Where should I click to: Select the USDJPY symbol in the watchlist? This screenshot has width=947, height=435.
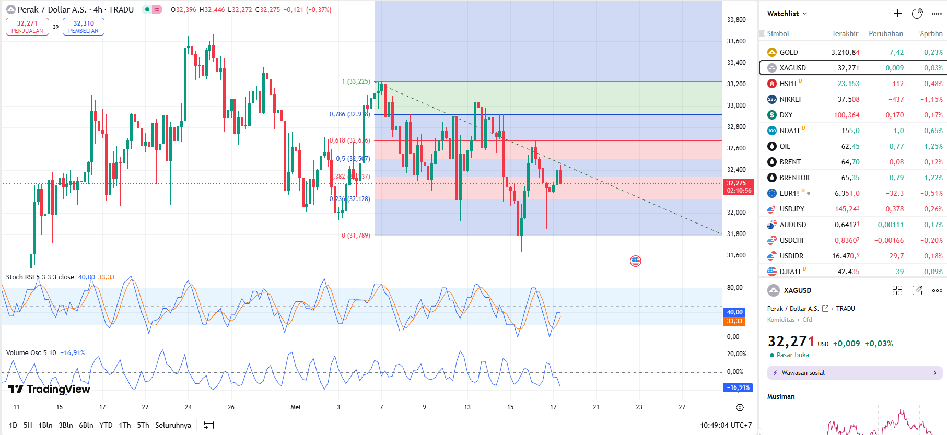792,209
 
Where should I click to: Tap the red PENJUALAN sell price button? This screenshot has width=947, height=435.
27,27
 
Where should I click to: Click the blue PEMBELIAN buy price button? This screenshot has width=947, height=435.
84,27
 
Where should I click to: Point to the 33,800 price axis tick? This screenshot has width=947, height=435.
736,20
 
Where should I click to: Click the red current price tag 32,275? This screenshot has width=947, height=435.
739,187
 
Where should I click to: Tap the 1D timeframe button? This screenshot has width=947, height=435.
13,425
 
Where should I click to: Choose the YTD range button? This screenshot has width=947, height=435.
106,425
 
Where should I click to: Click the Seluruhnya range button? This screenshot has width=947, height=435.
173,425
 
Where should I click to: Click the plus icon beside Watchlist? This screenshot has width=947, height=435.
897,14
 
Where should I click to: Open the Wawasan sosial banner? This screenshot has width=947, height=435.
855,373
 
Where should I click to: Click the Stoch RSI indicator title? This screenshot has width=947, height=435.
40,277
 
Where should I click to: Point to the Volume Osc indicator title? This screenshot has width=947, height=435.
31,353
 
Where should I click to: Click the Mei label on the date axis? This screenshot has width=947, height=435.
296,407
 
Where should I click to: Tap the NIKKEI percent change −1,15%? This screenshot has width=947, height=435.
931,99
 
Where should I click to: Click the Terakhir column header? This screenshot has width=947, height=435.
845,33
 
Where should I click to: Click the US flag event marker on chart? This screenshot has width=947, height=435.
636,261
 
